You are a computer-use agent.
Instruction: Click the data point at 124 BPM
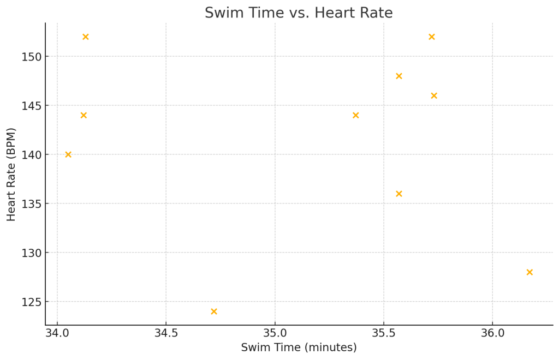coord(214,311)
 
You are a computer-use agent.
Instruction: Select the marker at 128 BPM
coord(530,272)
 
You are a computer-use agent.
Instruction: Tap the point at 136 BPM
coord(399,194)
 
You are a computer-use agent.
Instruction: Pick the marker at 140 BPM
coord(68,154)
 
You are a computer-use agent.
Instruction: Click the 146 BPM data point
coord(434,95)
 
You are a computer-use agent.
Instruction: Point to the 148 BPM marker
coord(399,76)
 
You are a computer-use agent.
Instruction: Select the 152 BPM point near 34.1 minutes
coord(86,37)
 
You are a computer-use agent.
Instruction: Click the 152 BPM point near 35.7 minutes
coord(432,37)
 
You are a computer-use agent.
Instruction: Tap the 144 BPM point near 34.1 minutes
coord(84,115)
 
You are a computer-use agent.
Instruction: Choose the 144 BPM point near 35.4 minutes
coord(356,115)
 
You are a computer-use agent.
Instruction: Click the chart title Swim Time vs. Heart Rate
coord(299,13)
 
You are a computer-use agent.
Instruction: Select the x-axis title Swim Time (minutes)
coord(299,347)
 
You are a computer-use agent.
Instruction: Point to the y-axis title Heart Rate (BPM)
coord(11,174)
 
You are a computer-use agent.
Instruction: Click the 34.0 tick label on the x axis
coord(57,333)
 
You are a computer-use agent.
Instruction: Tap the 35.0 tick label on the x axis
coord(275,333)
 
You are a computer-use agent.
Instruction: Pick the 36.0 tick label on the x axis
coord(492,333)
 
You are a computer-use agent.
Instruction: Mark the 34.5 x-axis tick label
coord(166,333)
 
